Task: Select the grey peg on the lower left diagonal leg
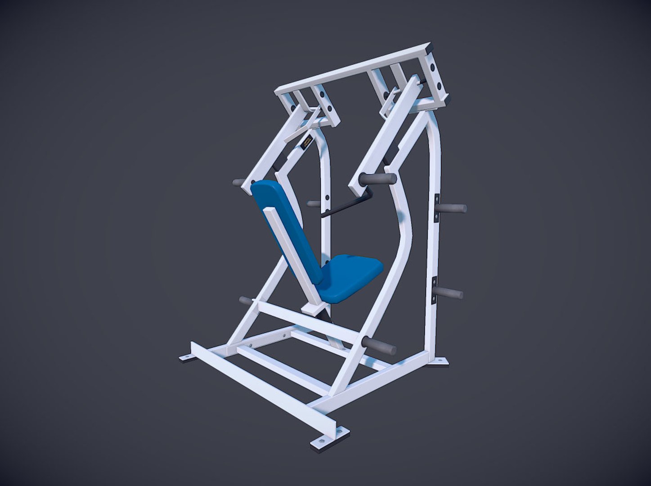[247, 300]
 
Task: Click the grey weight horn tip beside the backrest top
[238, 183]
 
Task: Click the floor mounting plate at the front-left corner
[187, 358]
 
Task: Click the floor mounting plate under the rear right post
[440, 361]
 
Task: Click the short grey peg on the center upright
[313, 204]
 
